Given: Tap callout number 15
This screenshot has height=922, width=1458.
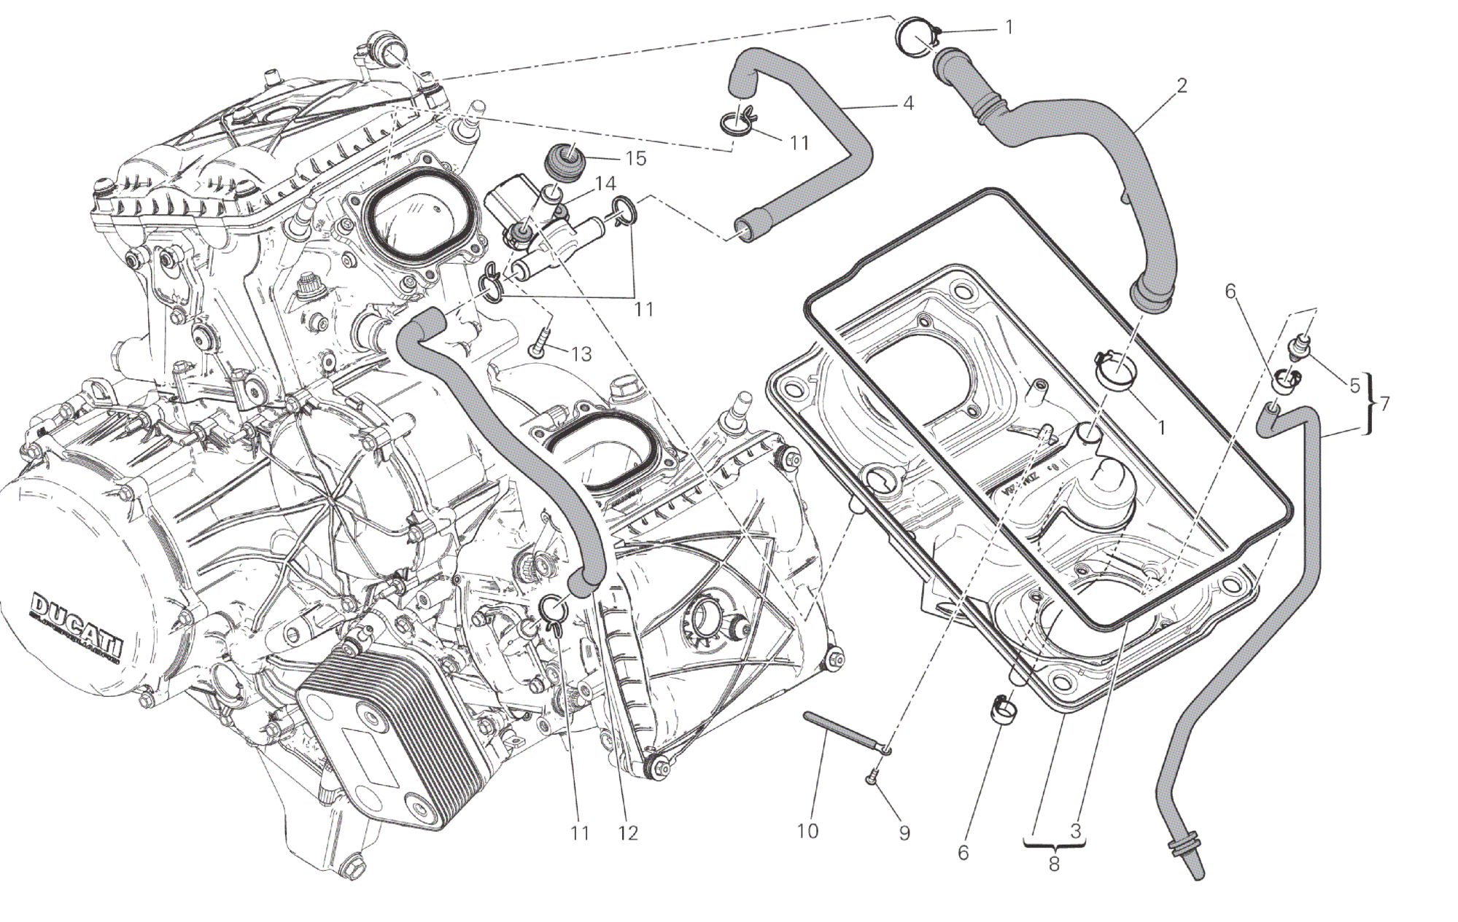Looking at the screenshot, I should [635, 158].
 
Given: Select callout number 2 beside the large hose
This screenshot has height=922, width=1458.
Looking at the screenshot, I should [1182, 86].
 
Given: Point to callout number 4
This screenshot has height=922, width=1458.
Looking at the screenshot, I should [907, 103].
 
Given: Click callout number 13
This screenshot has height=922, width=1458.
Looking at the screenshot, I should [581, 354].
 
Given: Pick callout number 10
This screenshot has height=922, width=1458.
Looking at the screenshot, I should [807, 830].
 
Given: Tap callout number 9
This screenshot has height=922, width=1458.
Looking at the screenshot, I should [904, 832].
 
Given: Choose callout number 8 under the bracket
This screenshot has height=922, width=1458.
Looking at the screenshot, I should [1054, 864].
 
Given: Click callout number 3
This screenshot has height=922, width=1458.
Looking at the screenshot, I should [1075, 830].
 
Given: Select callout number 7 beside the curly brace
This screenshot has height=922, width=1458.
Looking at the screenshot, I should [1384, 402].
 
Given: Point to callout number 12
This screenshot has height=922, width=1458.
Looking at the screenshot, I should [627, 832].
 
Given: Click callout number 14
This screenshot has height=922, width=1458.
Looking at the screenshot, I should [605, 184].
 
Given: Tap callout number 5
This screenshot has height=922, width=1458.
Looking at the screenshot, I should [1354, 385].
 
